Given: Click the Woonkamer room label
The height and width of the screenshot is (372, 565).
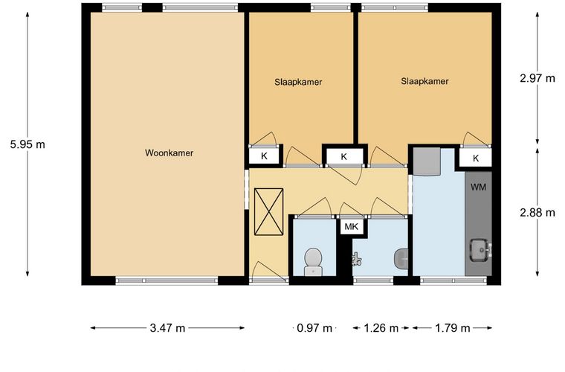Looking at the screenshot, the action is click(x=169, y=153).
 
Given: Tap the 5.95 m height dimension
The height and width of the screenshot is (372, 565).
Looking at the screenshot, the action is click(x=28, y=144).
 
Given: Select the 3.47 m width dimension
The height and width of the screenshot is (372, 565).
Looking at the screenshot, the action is click(x=167, y=328).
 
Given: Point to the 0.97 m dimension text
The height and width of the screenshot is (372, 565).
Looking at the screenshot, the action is click(x=314, y=328).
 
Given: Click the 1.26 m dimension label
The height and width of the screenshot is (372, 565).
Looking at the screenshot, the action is click(x=381, y=328).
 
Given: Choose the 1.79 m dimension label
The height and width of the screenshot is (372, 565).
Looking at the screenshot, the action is click(x=452, y=328).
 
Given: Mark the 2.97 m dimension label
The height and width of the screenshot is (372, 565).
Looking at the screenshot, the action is click(x=537, y=78).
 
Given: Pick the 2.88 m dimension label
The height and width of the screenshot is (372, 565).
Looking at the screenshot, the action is click(x=537, y=213).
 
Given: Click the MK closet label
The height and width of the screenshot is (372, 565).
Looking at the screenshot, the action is click(x=352, y=227).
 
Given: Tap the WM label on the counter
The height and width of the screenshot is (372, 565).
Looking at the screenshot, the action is click(x=478, y=187).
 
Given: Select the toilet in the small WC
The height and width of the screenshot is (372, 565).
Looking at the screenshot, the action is click(x=313, y=262).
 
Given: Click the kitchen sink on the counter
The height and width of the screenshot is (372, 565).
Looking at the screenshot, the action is click(x=480, y=250).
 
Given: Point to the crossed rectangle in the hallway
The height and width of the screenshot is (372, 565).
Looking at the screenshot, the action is click(x=269, y=212).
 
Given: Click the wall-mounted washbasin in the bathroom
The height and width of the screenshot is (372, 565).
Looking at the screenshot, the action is click(x=401, y=259).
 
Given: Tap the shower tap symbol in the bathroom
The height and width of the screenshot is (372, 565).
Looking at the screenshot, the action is click(x=356, y=259).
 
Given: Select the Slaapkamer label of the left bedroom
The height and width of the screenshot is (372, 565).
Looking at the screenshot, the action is click(x=298, y=82).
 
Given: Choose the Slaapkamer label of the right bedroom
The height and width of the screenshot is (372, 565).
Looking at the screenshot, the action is click(x=424, y=81).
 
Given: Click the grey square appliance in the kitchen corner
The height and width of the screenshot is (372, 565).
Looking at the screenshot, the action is click(x=427, y=161).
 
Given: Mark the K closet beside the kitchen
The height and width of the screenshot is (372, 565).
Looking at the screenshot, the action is click(x=476, y=158).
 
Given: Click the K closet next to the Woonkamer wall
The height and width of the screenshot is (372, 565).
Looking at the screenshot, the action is click(x=264, y=156).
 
